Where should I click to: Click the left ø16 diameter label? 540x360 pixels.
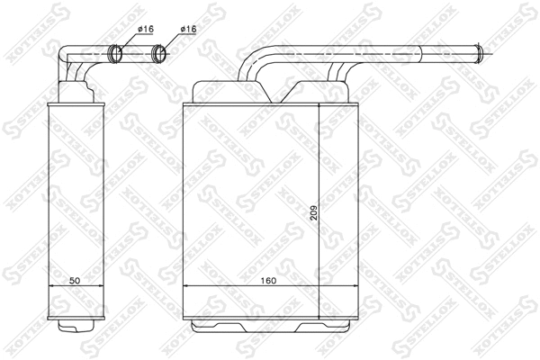(x=146, y=30)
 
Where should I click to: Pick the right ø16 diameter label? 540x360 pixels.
(x=188, y=30)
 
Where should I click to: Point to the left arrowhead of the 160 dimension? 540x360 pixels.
(x=186, y=287)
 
